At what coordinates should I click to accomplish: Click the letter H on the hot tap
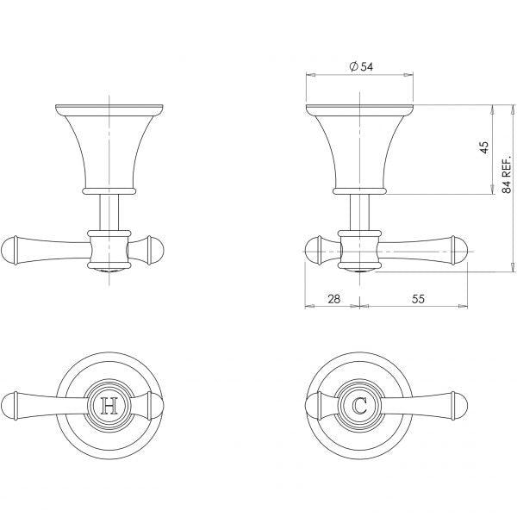tap(109, 405)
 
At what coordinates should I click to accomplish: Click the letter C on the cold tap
tap(359, 405)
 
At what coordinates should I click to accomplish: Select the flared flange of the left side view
tap(109, 142)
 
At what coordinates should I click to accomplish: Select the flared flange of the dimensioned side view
tap(359, 142)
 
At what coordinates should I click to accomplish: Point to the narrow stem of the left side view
tap(109, 210)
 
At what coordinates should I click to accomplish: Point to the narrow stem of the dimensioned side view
tap(359, 210)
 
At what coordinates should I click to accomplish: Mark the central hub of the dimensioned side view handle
tap(359, 250)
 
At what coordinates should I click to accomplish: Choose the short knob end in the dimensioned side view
tap(315, 251)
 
